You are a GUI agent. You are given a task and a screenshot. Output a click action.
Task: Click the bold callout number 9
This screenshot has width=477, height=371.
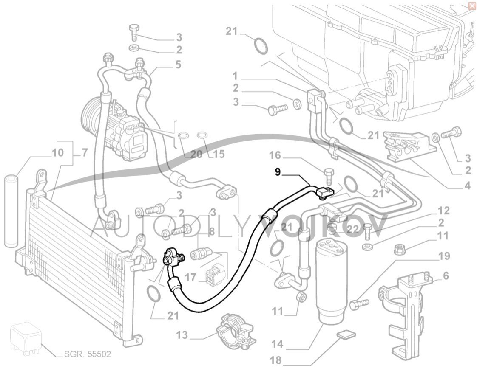point(278,172)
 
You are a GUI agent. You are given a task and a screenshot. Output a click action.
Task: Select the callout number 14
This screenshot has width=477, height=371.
point(277,343)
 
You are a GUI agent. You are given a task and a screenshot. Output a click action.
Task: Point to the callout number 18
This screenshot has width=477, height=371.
point(275,361)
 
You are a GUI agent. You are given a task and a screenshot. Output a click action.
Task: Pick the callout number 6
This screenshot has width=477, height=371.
point(446,276)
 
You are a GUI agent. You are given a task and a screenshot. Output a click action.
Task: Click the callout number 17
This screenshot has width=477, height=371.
point(190,278)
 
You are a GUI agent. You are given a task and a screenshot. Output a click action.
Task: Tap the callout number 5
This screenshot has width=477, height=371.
point(178,65)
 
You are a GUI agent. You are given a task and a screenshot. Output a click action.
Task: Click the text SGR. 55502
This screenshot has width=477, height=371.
point(88,354)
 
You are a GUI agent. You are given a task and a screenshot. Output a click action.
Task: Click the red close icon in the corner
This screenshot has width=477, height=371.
point(471,6)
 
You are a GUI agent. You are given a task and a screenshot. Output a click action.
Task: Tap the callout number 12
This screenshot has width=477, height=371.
point(444,210)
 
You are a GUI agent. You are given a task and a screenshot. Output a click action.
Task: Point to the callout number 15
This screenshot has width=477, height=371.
point(219,154)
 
